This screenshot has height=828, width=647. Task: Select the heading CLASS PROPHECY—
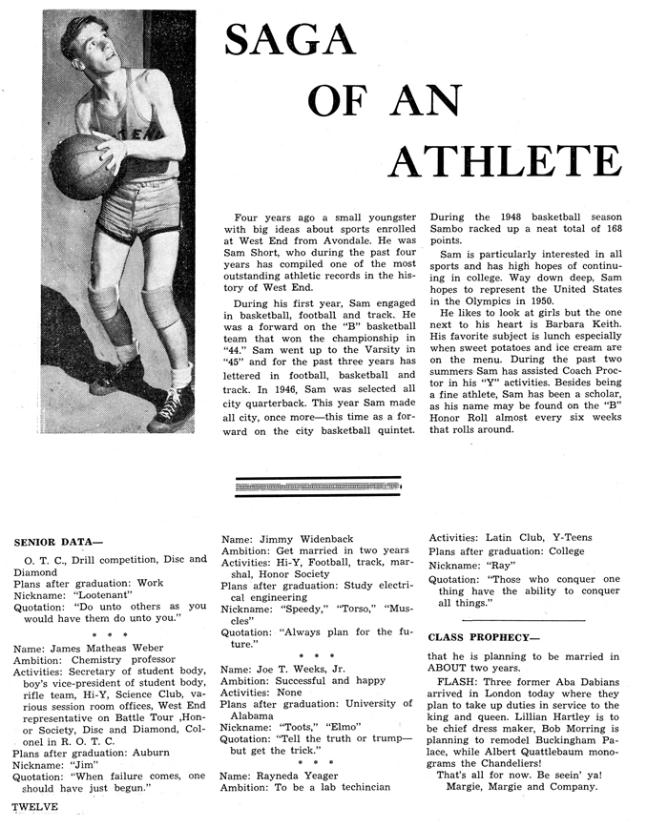coord(481,636)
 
